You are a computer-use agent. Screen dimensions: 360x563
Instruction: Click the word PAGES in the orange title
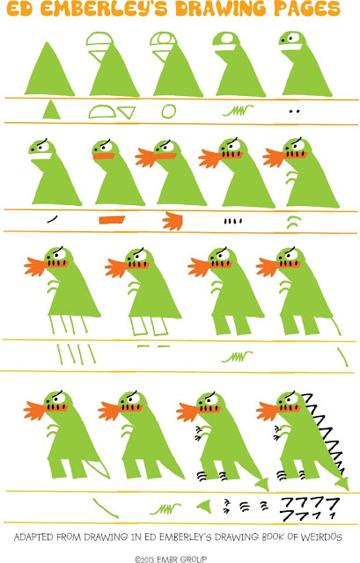click(x=307, y=8)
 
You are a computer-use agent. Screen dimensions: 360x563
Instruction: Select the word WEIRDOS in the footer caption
click(x=321, y=537)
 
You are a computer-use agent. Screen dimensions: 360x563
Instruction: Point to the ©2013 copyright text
click(x=171, y=559)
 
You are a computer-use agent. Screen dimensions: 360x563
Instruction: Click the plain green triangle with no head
click(x=49, y=69)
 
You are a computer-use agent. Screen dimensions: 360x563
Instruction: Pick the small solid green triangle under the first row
click(x=51, y=110)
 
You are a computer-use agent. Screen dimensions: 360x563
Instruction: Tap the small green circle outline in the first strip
click(x=168, y=112)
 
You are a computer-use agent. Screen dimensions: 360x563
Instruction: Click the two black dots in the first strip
click(x=294, y=112)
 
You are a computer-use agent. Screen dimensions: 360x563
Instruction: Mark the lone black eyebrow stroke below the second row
click(x=52, y=219)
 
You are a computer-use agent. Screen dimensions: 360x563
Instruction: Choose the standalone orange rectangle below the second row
click(x=112, y=219)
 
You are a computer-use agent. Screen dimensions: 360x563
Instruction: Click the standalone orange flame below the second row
click(x=173, y=221)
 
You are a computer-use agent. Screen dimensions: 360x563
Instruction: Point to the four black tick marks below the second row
click(x=233, y=221)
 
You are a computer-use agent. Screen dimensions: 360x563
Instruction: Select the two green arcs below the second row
click(x=293, y=222)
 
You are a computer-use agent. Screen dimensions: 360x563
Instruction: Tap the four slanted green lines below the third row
click(x=77, y=355)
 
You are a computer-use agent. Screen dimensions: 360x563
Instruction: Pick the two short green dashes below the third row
click(x=153, y=346)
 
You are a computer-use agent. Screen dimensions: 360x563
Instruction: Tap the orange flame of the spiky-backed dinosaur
click(x=268, y=411)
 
